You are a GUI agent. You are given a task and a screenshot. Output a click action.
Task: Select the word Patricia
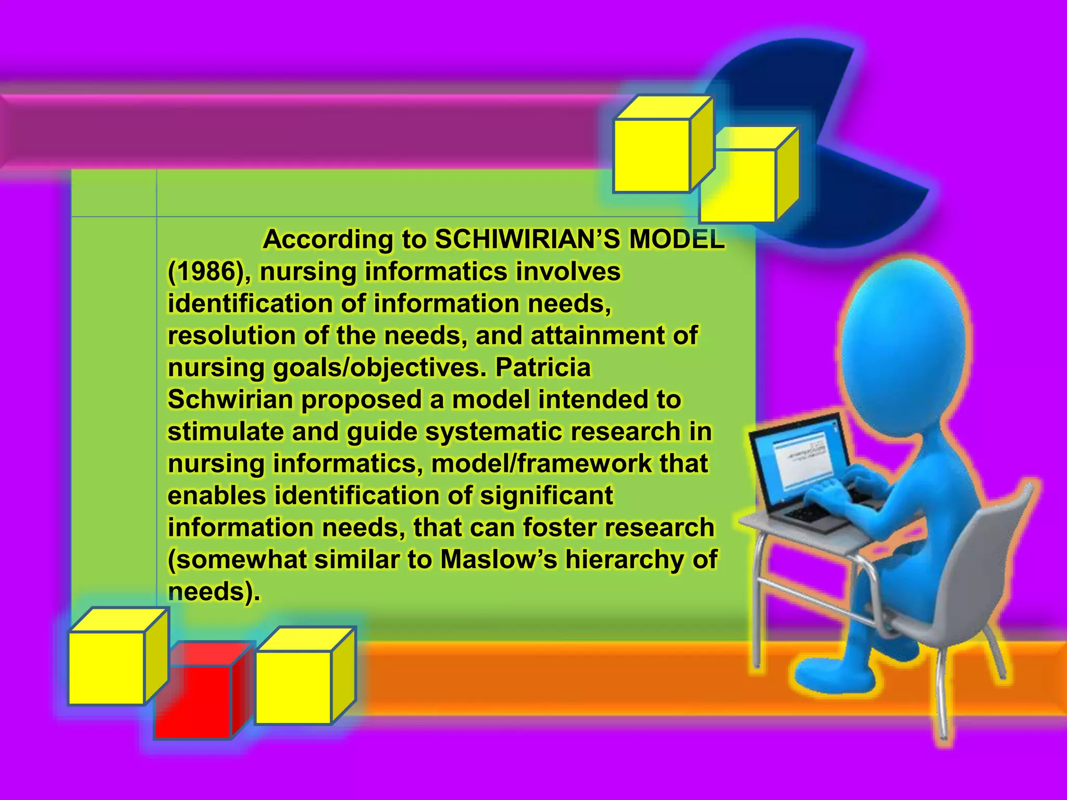[543, 368]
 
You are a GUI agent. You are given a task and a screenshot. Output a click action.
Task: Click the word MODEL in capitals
[676, 240]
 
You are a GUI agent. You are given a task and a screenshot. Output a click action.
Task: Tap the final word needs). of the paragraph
[214, 592]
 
